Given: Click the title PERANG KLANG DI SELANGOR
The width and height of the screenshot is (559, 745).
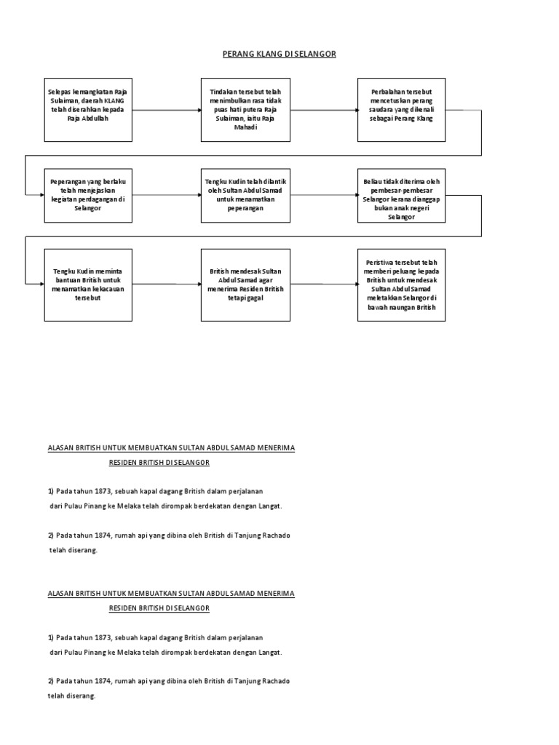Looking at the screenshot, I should (x=279, y=55).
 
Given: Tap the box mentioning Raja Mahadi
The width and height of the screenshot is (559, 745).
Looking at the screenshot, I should (x=245, y=110).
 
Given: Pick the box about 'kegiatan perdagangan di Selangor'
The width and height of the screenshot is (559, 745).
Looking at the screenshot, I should (x=87, y=195).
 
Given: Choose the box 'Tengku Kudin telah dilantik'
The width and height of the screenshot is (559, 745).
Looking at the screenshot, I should (x=245, y=195).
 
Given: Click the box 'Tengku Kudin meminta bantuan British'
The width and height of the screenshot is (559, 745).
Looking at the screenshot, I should (x=87, y=284).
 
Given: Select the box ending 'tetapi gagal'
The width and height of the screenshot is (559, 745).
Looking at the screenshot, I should (x=245, y=284).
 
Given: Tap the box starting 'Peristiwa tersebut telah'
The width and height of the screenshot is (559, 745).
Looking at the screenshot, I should (x=401, y=284).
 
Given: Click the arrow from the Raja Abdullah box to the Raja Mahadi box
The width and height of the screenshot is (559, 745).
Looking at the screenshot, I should (x=166, y=110).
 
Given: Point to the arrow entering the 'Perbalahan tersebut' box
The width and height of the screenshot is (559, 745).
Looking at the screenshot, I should (x=324, y=110).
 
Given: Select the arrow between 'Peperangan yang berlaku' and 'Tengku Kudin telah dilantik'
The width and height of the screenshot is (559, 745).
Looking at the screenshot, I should (x=166, y=195).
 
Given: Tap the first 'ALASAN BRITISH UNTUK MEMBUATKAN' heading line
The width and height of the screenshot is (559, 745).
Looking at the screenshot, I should (x=171, y=448).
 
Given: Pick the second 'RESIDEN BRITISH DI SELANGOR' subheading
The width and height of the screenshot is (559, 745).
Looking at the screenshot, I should (x=159, y=607).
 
